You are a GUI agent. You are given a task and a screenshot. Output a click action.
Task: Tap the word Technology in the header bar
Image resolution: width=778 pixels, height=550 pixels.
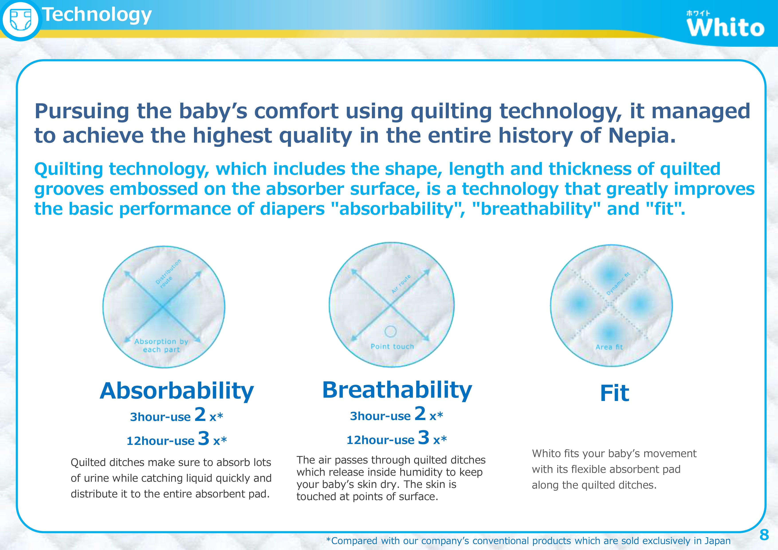97,15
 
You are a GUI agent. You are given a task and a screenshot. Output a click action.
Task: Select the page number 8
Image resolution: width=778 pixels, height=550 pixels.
764,535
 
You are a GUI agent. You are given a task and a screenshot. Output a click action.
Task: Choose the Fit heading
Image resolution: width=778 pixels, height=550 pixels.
615,393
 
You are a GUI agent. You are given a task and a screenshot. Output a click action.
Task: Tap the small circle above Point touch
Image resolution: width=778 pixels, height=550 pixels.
391,331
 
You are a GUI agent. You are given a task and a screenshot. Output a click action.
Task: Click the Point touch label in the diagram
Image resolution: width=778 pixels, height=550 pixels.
392,346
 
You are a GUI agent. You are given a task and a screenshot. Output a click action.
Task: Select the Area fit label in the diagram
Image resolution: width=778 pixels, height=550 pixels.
609,347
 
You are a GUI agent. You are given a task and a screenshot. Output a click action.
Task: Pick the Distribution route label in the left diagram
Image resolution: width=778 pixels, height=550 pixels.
168,274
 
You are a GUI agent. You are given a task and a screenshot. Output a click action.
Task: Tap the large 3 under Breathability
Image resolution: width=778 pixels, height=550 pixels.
424,437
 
